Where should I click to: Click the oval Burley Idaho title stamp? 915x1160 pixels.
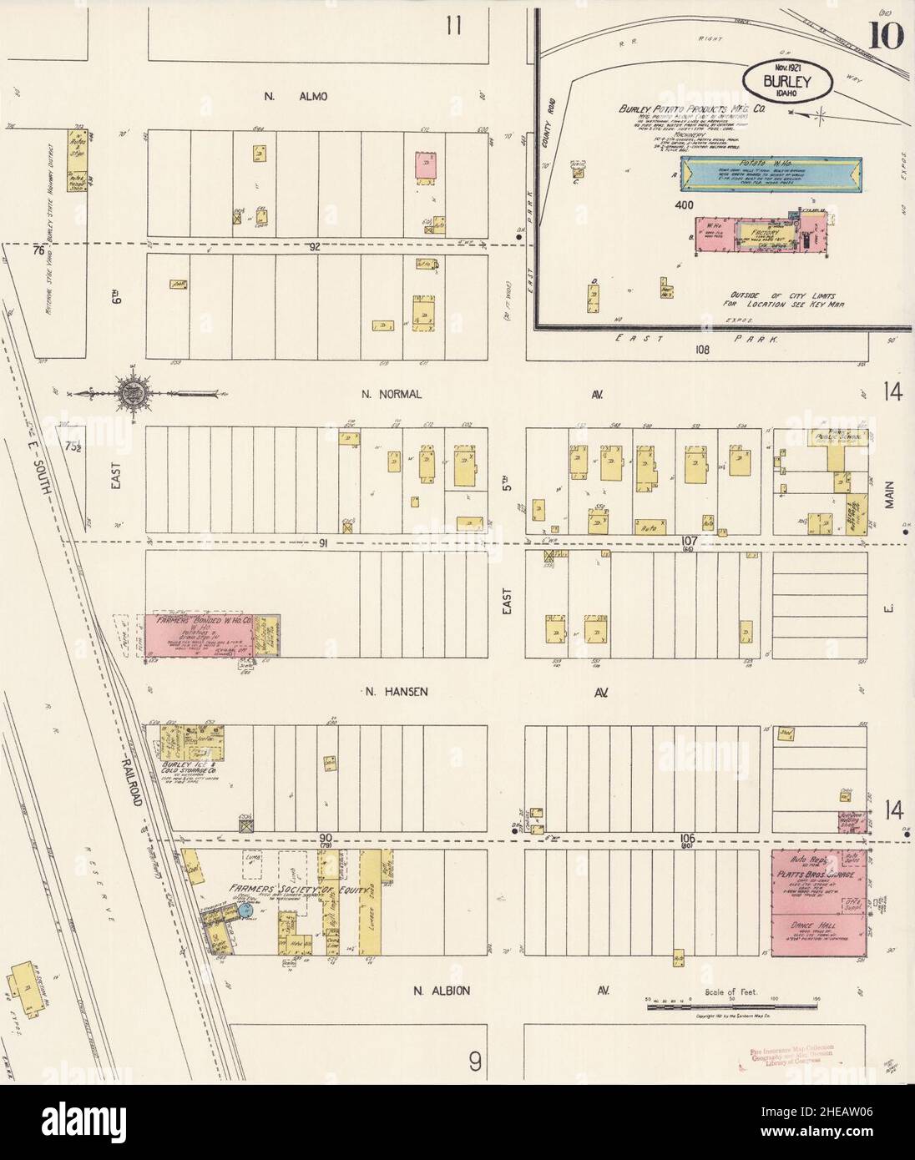(788, 81)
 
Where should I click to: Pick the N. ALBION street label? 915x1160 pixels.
(442, 991)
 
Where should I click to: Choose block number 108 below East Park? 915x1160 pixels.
(700, 351)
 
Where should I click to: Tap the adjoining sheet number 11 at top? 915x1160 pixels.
(453, 27)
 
